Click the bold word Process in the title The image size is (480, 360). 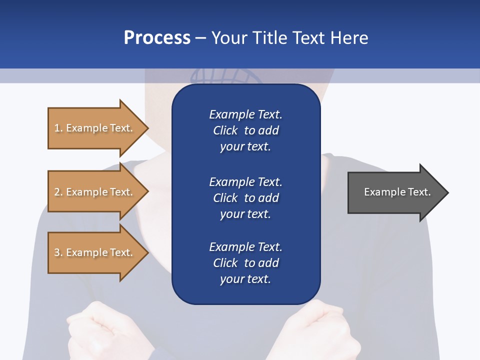pyautogui.click(x=157, y=37)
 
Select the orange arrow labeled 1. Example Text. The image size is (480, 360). pyautogui.click(x=95, y=128)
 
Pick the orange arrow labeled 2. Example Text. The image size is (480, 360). pyautogui.click(x=95, y=192)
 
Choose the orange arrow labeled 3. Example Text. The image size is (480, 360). pyautogui.click(x=95, y=252)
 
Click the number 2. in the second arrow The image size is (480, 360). pyautogui.click(x=58, y=192)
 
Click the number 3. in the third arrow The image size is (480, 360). pyautogui.click(x=58, y=252)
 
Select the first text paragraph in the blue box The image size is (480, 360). pyautogui.click(x=245, y=130)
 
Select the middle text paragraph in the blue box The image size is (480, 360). pyautogui.click(x=245, y=198)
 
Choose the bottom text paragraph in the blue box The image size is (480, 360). pyautogui.click(x=245, y=263)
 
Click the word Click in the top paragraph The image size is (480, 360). pyautogui.click(x=225, y=130)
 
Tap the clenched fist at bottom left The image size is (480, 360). pyautogui.click(x=92, y=330)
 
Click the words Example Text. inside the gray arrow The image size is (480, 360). pyautogui.click(x=397, y=192)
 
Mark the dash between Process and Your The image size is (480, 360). pyautogui.click(x=201, y=38)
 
